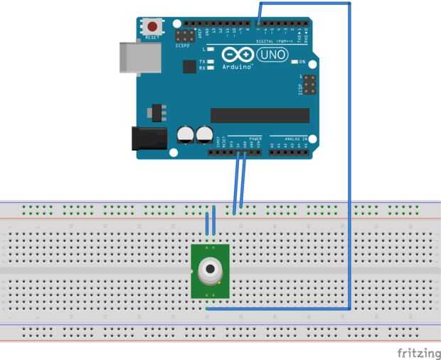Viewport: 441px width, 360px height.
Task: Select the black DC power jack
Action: tap(149, 138)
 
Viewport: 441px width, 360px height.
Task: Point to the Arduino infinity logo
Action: tap(238, 55)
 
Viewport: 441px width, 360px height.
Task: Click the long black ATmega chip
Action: tap(260, 115)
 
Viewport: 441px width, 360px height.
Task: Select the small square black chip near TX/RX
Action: tap(188, 66)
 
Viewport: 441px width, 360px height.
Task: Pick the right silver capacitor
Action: tap(205, 134)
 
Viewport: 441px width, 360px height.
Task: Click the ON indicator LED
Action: tap(295, 62)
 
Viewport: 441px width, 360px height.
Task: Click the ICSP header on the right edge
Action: tap(309, 86)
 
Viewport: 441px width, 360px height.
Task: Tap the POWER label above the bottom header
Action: tap(255, 138)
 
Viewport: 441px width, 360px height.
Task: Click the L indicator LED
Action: tap(211, 49)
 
